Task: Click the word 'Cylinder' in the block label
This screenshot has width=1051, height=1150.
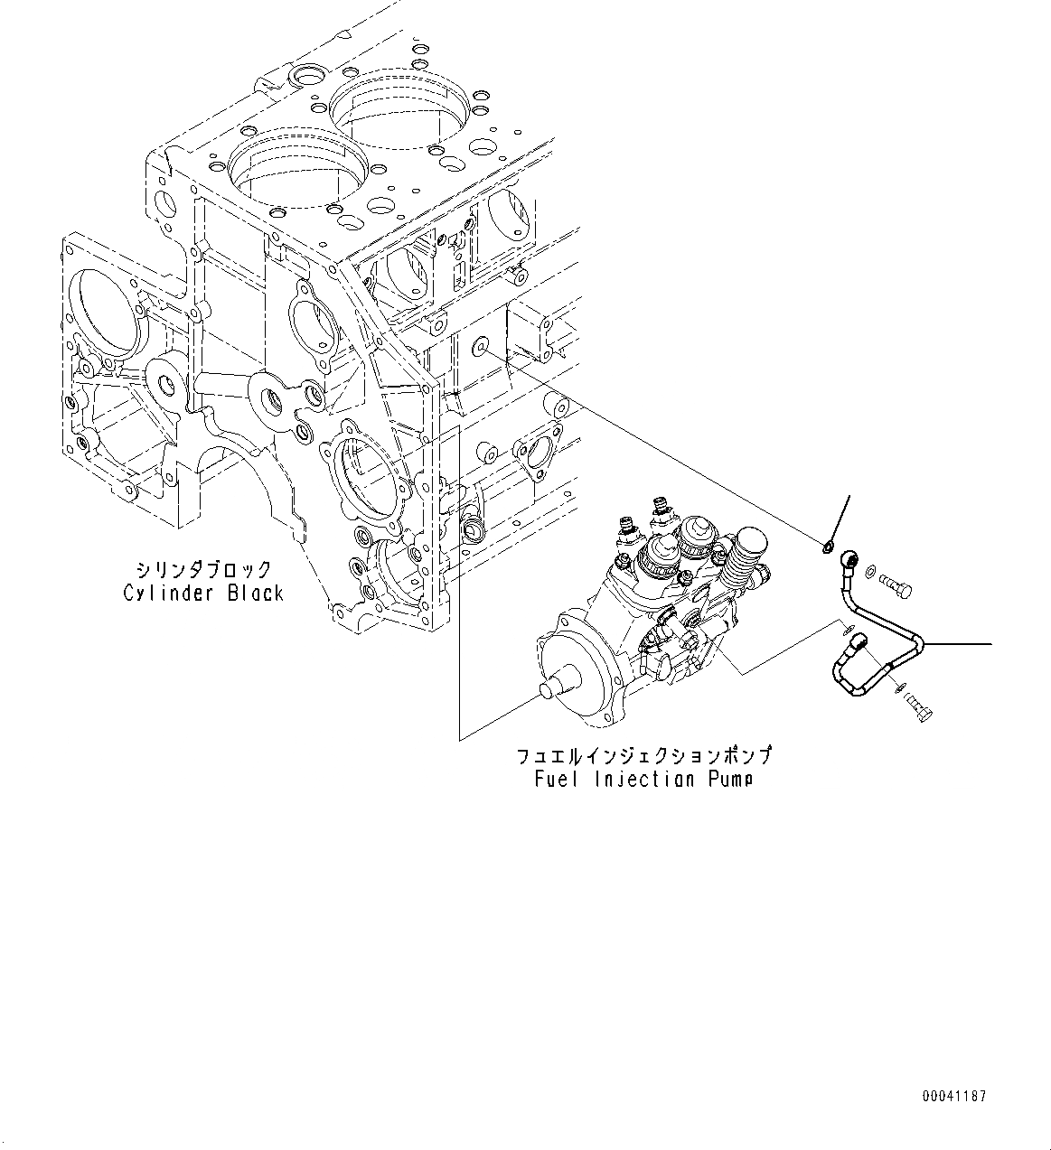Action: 169,594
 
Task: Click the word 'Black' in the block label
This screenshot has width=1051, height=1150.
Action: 255,594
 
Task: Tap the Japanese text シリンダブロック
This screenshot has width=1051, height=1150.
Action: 203,570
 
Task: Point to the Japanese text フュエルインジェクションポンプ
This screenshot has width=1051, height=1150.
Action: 643,755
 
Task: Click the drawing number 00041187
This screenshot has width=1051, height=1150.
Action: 953,1097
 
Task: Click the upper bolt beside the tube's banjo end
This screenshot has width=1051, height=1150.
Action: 896,587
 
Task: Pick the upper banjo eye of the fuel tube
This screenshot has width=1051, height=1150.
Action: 849,557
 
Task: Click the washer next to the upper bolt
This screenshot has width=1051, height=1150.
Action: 869,571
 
